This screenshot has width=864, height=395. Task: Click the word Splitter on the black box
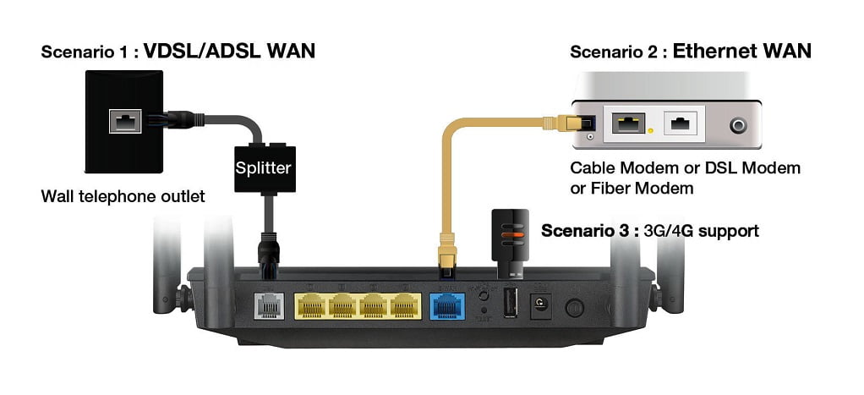click(x=263, y=168)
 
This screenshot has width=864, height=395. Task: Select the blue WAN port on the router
click(x=446, y=305)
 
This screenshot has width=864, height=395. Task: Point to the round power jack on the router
click(x=539, y=305)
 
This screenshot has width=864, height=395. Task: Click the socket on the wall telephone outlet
click(x=124, y=122)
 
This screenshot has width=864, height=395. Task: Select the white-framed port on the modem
click(x=681, y=124)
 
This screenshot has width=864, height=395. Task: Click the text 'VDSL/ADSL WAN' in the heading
click(x=229, y=52)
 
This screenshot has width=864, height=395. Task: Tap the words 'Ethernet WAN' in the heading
click(x=741, y=52)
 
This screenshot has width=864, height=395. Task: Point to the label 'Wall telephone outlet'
click(x=123, y=198)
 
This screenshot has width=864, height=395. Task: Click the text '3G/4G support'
click(x=709, y=230)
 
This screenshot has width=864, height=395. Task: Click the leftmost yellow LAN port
click(x=313, y=305)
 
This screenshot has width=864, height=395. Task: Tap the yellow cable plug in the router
click(x=446, y=254)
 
